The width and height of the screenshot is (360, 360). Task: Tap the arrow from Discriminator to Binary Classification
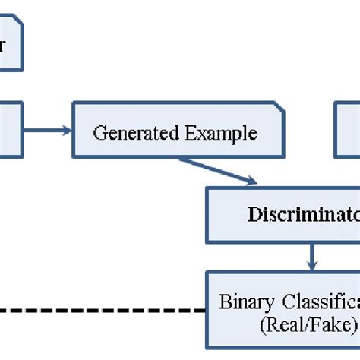click(x=310, y=254)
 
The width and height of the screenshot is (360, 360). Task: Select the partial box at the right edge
click(x=348, y=131)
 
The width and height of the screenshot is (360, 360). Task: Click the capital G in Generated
click(x=98, y=134)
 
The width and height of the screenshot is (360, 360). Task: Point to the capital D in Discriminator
click(x=253, y=214)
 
